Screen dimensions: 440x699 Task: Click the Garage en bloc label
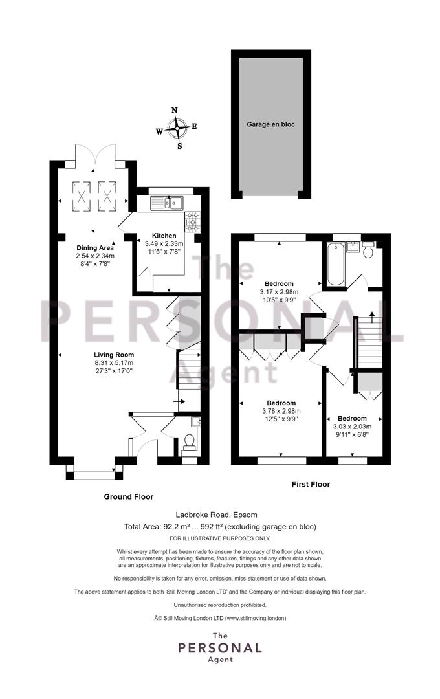[x=270, y=124]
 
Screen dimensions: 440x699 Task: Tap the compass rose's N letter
[x=175, y=111]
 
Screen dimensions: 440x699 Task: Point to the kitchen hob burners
[x=192, y=222]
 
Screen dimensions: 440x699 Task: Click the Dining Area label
[x=95, y=248]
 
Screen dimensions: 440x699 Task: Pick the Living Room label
[x=114, y=355]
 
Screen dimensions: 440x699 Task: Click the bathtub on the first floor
[x=335, y=264]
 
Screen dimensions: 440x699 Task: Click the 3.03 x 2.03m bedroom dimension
[x=352, y=427]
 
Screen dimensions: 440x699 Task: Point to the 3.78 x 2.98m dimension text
[x=281, y=411]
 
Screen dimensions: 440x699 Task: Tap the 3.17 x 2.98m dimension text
[x=279, y=292]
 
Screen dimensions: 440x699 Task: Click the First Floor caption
[x=311, y=484]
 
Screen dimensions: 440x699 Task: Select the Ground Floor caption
[x=128, y=496]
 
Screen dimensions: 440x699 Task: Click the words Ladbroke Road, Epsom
[x=220, y=515]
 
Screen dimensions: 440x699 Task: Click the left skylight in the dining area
[x=81, y=195]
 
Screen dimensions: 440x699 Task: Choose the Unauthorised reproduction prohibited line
[x=220, y=605]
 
